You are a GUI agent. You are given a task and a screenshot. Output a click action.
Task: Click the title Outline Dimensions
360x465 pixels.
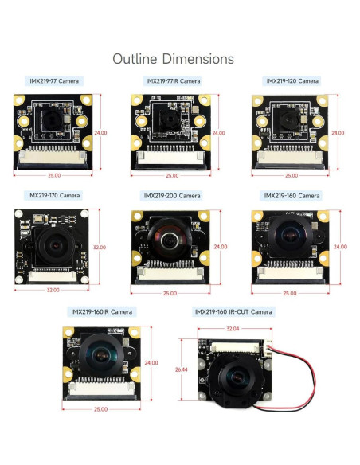pos(174,59)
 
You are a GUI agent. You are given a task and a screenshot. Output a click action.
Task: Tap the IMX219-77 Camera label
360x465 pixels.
pos(54,81)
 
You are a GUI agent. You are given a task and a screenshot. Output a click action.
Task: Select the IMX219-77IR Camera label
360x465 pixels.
pos(172,81)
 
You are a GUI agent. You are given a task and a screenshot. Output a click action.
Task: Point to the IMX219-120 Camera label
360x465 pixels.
pos(292,81)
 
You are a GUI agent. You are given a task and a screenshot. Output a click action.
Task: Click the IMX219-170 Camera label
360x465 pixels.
pos(54,195)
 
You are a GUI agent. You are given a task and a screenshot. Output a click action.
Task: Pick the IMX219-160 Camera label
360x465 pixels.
pos(292,195)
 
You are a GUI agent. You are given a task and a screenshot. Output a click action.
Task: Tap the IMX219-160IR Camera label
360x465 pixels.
pos(102,311)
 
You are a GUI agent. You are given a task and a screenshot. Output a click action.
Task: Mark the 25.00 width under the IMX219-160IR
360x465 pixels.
pos(100,409)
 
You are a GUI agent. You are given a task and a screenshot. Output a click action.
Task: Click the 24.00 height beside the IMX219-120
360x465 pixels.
pos(338,132)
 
